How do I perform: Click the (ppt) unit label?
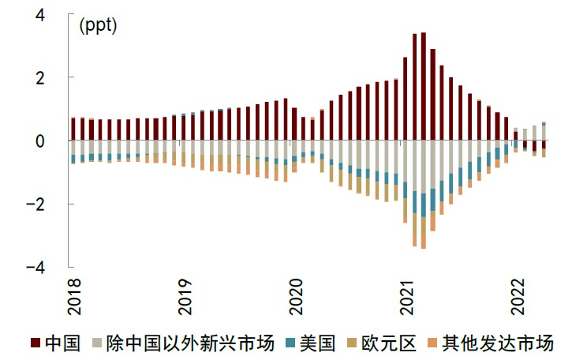tap(98, 25)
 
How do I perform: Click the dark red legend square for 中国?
tap(36, 343)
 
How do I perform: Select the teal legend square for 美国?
tap(290, 343)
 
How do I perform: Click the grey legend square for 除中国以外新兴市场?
tap(98, 343)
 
